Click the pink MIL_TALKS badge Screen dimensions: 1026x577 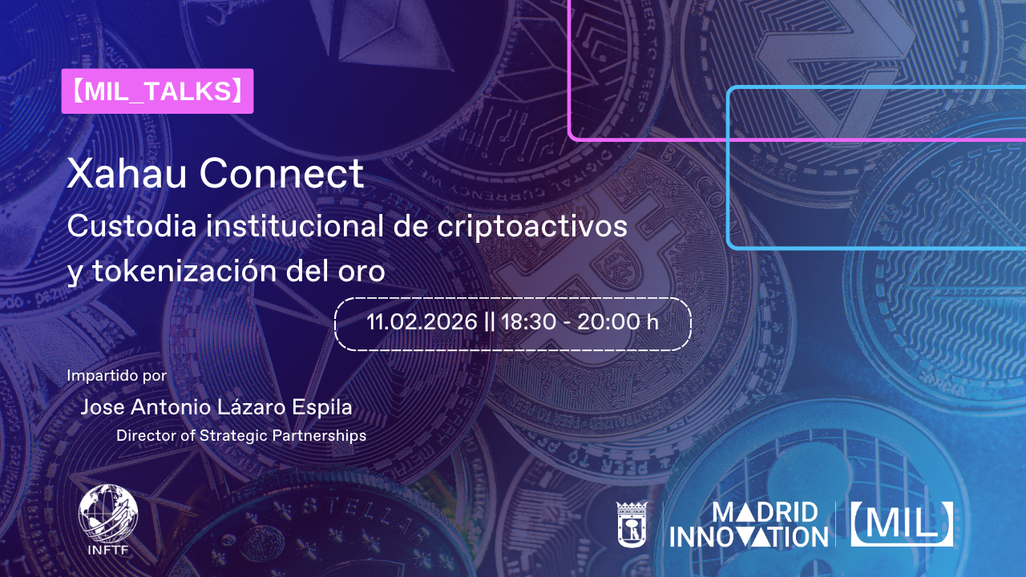coord(157,91)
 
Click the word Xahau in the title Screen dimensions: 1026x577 coord(127,174)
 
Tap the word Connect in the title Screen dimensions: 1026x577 coord(281,174)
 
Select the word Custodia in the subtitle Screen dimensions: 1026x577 coord(132,226)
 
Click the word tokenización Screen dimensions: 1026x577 coord(184,270)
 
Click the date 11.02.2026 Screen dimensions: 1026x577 coord(422,322)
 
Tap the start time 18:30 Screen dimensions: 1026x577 coord(529,322)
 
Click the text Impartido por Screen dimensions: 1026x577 coord(117,376)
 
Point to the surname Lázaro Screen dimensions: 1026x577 coord(254,407)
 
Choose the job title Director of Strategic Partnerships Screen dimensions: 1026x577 coord(241,436)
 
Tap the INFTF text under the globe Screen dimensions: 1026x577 coord(108,550)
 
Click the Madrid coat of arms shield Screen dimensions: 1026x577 coord(632,524)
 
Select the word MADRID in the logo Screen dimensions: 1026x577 coord(765,513)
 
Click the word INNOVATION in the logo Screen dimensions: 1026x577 coord(749,537)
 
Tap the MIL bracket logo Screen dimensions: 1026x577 coord(902,524)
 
